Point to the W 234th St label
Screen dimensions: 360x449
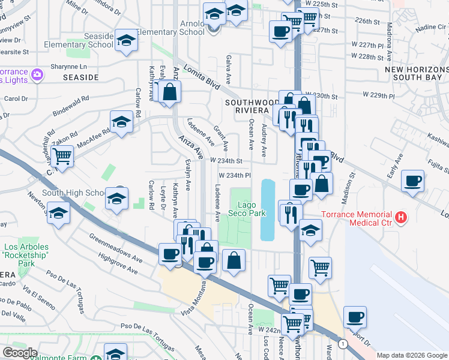click(x=226, y=161)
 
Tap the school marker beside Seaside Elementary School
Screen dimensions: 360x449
click(x=126, y=41)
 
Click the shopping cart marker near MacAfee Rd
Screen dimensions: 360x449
click(x=62, y=157)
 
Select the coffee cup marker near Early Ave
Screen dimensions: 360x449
click(x=412, y=181)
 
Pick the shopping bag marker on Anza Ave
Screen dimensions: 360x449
click(x=170, y=92)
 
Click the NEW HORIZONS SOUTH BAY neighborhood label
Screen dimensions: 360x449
click(x=415, y=74)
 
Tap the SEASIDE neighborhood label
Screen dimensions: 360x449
click(x=80, y=77)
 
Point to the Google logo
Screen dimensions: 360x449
click(x=20, y=353)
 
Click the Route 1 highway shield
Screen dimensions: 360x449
click(x=342, y=344)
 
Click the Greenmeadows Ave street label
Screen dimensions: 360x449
click(x=116, y=250)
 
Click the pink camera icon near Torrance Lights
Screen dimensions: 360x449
click(x=38, y=74)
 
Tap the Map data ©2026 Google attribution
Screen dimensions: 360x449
click(x=412, y=355)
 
